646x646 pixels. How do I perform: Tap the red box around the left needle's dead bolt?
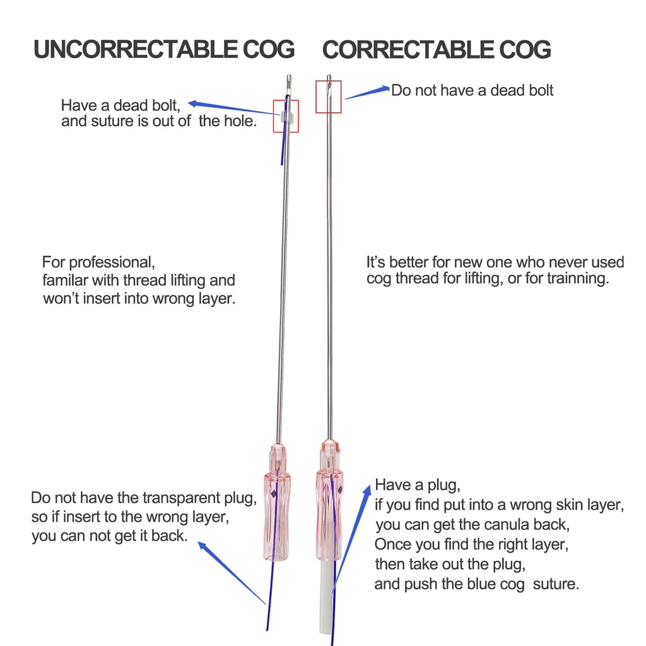pyautogui.click(x=285, y=116)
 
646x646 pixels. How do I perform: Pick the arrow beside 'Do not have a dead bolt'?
pyautogui.click(x=367, y=93)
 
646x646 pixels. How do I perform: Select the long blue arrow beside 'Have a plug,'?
pyautogui.click(x=351, y=536)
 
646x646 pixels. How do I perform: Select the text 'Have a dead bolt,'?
pyautogui.click(x=120, y=105)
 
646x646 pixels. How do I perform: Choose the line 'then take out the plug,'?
pyautogui.click(x=450, y=563)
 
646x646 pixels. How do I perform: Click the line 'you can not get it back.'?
pyautogui.click(x=109, y=537)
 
